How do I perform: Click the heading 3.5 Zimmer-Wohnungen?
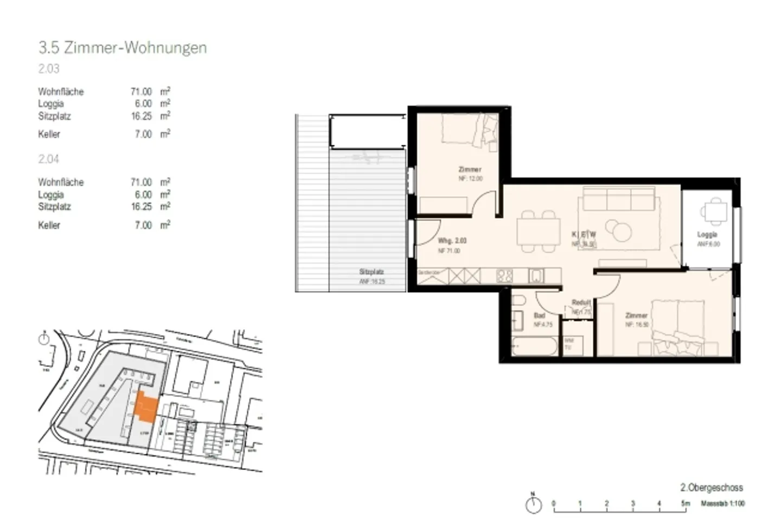(x=123, y=48)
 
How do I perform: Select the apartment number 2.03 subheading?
(x=49, y=69)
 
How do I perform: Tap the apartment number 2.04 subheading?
(x=49, y=159)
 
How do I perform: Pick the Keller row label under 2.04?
(x=49, y=225)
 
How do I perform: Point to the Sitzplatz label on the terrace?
(x=372, y=272)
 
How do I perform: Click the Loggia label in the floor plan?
(x=707, y=235)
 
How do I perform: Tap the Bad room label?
(x=539, y=315)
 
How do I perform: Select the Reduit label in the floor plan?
(x=581, y=303)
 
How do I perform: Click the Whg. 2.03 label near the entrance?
(x=452, y=240)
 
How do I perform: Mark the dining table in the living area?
(x=538, y=232)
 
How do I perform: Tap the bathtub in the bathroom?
(x=534, y=346)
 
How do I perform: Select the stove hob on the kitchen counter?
(x=504, y=276)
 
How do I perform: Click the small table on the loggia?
(x=714, y=211)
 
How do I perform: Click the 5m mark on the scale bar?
(x=686, y=504)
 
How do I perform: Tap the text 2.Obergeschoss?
(x=712, y=487)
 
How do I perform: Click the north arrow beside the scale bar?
(x=534, y=504)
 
